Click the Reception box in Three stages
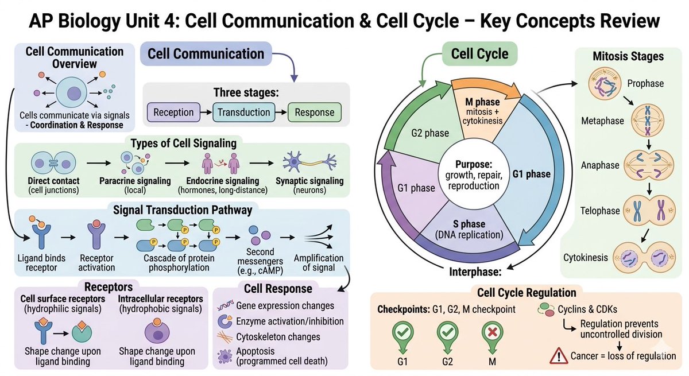tap(173, 113)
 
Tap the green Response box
tap(314, 113)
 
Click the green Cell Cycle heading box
tap(479, 55)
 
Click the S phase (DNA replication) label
tap(470, 229)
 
